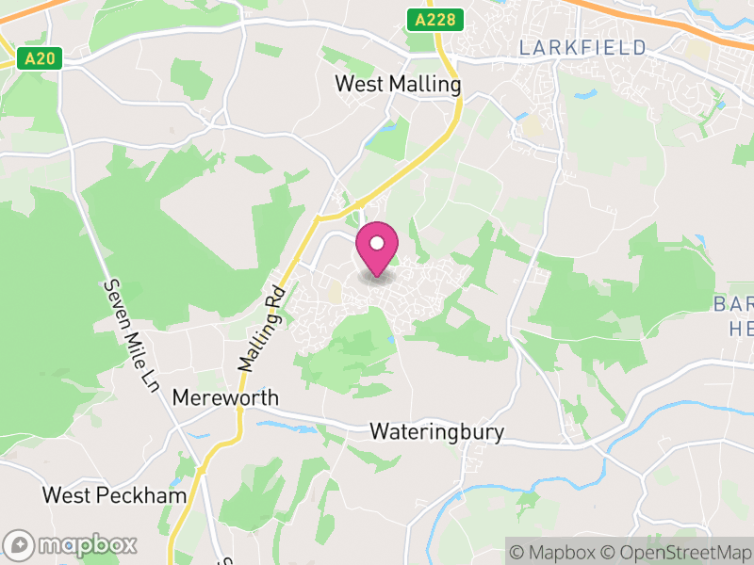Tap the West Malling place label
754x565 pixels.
click(398, 85)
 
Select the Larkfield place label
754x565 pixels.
click(582, 47)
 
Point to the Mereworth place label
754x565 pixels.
click(225, 398)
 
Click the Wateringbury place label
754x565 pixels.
click(436, 432)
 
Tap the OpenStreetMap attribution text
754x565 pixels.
click(676, 551)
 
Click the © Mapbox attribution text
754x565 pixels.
click(556, 551)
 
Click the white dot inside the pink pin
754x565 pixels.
click(377, 243)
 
